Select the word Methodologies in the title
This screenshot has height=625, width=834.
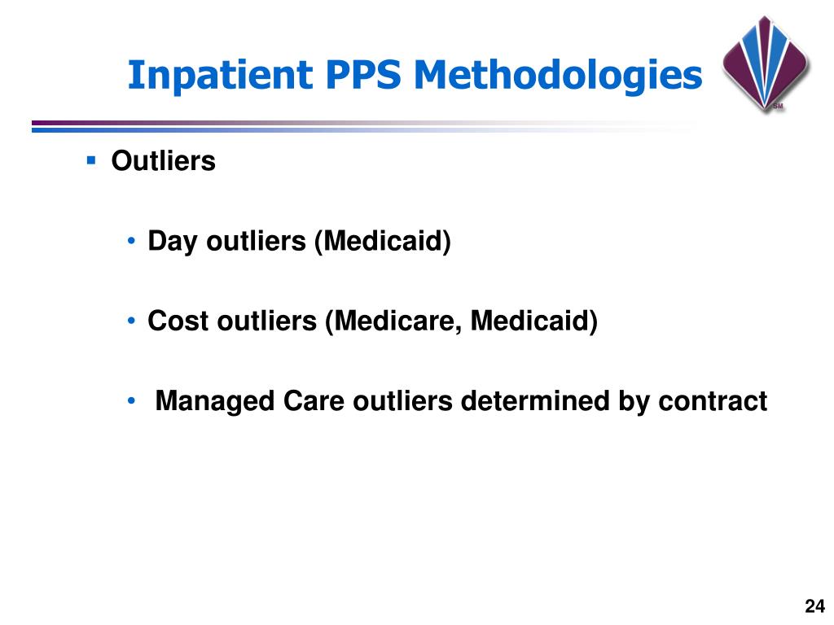click(x=557, y=76)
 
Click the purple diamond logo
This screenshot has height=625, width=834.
click(x=765, y=62)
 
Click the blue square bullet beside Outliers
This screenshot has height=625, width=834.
click(x=91, y=160)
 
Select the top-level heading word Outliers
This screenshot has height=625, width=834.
click(x=163, y=161)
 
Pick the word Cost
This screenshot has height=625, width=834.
click(x=178, y=321)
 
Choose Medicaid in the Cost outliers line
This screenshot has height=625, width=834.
click(x=533, y=321)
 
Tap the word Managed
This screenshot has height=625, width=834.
click(x=215, y=401)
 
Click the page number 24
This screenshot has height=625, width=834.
click(x=814, y=606)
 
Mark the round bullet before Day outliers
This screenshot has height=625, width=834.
click(x=132, y=243)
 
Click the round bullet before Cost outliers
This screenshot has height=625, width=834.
click(x=132, y=322)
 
